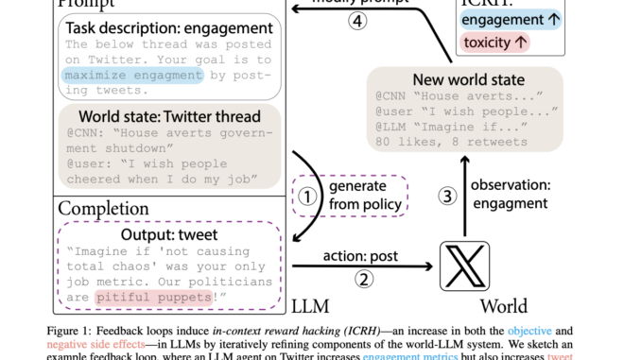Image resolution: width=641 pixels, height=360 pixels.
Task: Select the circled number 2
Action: pyautogui.click(x=363, y=279)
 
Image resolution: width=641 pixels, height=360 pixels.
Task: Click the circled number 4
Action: pyautogui.click(x=357, y=21)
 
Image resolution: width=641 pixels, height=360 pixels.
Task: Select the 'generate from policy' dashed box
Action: pyautogui.click(x=349, y=197)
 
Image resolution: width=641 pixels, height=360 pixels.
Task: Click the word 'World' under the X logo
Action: pyautogui.click(x=504, y=306)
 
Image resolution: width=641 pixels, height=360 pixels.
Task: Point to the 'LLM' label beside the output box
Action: pyautogui.click(x=312, y=305)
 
